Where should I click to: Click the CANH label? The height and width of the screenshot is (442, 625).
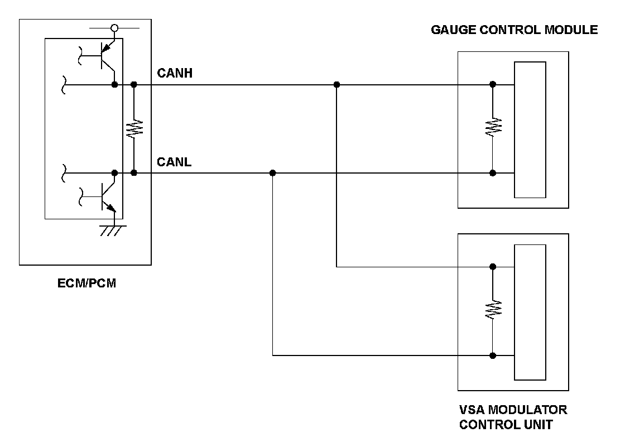click(x=175, y=73)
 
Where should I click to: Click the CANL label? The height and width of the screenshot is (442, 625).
click(x=174, y=162)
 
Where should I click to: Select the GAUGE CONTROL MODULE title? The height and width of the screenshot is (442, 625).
click(x=514, y=30)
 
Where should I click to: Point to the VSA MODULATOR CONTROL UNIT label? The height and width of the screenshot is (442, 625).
click(x=513, y=417)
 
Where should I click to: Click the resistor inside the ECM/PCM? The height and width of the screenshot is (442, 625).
click(x=134, y=128)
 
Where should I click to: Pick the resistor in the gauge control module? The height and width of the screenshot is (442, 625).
click(x=493, y=128)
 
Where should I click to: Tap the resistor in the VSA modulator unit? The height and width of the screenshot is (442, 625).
click(x=493, y=310)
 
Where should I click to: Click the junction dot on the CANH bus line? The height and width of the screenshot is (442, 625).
click(x=336, y=85)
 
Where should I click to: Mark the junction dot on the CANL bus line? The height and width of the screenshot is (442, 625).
click(x=272, y=173)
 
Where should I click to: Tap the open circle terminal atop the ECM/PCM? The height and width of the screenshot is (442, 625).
click(x=115, y=27)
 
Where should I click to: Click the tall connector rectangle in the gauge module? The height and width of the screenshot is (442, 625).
click(x=530, y=129)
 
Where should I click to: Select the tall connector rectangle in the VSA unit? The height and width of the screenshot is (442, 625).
click(x=530, y=312)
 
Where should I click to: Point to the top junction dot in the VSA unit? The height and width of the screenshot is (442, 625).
click(x=493, y=267)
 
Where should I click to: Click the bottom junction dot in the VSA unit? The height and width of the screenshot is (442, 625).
click(x=493, y=355)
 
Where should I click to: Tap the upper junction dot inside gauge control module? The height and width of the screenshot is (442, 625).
click(x=493, y=85)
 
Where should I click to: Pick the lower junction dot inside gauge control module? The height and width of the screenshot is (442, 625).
click(x=493, y=173)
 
